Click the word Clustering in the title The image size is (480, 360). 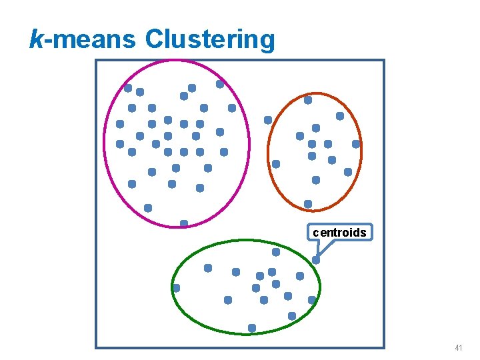point(209,39)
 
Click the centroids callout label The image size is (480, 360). point(340,233)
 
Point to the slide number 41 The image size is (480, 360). point(458,348)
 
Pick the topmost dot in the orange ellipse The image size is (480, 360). point(308,100)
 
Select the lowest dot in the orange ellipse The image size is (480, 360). point(308,204)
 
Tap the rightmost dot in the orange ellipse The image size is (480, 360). point(356,144)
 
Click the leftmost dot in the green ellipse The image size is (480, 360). point(176,288)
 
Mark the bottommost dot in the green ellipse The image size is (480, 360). point(252,328)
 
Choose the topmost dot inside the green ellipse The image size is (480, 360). point(276,253)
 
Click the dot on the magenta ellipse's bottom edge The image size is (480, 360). point(184,223)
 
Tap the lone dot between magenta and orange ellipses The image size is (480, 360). point(268,120)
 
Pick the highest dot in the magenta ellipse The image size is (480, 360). point(220,85)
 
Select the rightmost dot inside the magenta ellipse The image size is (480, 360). point(232,108)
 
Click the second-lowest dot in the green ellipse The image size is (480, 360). point(292,316)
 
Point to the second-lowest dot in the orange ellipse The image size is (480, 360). point(316,180)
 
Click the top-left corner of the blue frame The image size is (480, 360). point(96,61)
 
